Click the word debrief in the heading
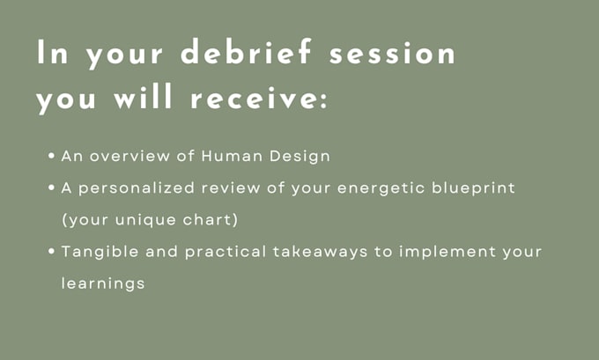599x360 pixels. (x=246, y=51)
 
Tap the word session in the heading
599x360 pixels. (x=392, y=54)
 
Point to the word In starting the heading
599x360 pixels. (x=52, y=52)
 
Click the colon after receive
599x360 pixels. (x=324, y=100)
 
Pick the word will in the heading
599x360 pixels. (x=143, y=96)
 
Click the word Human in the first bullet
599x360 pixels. (x=232, y=156)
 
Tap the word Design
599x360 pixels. (x=299, y=157)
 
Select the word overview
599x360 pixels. (x=129, y=156)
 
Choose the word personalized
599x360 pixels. (x=137, y=188)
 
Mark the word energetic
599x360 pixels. (x=381, y=188)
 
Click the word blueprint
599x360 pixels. (x=473, y=188)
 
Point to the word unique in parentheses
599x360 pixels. (x=145, y=221)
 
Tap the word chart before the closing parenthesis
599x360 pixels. (x=207, y=219)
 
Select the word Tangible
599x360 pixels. (x=100, y=253)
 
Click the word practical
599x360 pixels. (x=226, y=253)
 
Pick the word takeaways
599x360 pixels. (x=320, y=253)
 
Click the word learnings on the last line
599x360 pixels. (x=103, y=284)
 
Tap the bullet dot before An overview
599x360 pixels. (x=52, y=156)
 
